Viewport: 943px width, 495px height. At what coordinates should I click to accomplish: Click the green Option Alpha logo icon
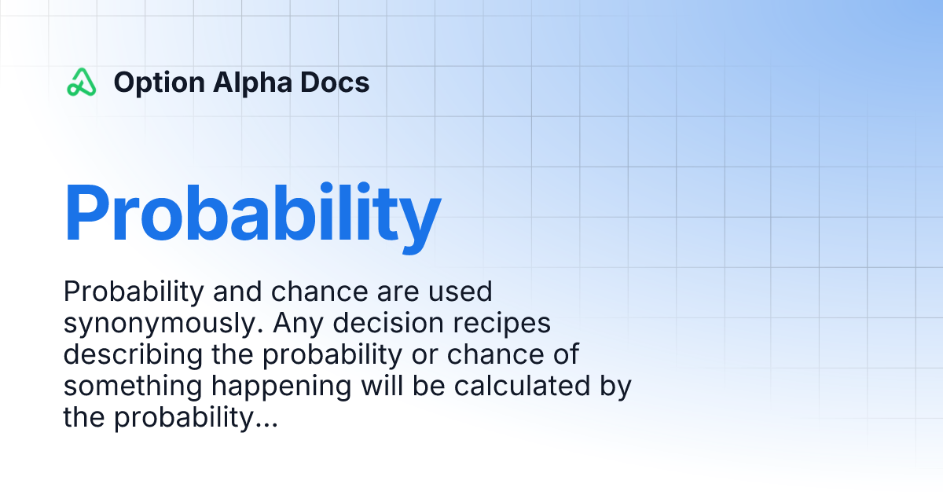[81, 82]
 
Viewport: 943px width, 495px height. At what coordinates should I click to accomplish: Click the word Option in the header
[160, 83]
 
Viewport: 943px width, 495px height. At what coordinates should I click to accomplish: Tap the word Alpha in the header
[252, 83]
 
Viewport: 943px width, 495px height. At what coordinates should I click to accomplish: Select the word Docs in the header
[335, 82]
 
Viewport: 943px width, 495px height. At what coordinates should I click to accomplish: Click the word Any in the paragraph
[299, 324]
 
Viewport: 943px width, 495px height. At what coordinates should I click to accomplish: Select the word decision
[388, 323]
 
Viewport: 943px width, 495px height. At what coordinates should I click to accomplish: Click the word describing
[133, 355]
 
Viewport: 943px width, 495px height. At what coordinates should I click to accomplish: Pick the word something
[133, 387]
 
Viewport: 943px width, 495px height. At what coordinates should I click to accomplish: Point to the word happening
[281, 387]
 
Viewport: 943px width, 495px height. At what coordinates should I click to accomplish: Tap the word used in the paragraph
[460, 291]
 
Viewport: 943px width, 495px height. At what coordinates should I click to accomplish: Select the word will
[382, 386]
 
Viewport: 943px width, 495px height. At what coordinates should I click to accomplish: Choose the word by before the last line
[615, 387]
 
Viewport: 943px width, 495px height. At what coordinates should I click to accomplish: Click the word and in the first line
[237, 291]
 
